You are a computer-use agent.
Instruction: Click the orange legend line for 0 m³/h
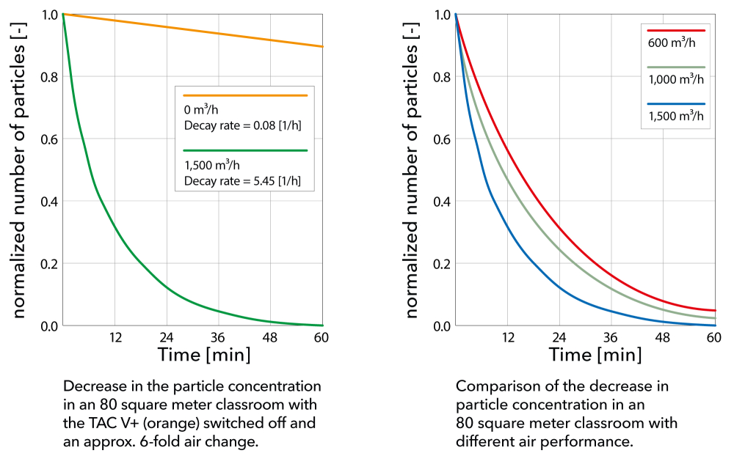tap(244, 95)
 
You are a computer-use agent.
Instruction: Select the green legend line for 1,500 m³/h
tap(244, 150)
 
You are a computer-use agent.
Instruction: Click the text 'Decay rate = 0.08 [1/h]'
tap(242, 125)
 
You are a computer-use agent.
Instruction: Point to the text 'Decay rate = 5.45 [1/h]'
tap(242, 180)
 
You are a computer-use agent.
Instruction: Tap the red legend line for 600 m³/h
tap(675, 31)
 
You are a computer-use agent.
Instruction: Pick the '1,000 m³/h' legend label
tap(675, 79)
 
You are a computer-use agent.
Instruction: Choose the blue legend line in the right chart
tap(675, 104)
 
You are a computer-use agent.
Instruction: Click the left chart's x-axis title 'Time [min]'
tap(204, 356)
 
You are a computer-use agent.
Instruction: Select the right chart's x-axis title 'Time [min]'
tap(595, 356)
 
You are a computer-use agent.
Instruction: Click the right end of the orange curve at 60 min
tap(322, 47)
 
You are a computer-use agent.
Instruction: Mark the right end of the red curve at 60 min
tap(714, 310)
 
